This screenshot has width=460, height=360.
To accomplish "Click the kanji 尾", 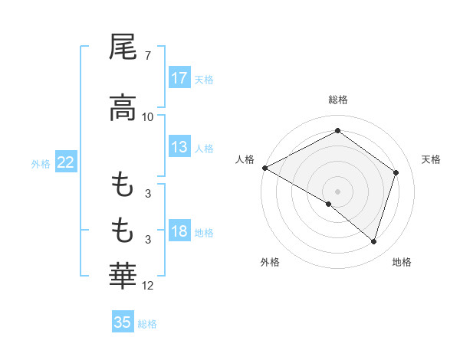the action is (x=123, y=47).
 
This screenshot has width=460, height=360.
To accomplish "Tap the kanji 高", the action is (x=123, y=107).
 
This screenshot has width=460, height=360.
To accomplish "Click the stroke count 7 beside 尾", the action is (x=147, y=57).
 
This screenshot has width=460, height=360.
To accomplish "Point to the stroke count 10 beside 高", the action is (x=148, y=116).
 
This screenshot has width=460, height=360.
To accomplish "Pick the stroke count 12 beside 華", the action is (x=148, y=286).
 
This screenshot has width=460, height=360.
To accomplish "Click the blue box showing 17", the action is (x=179, y=78).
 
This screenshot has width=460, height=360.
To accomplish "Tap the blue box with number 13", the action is (x=179, y=147).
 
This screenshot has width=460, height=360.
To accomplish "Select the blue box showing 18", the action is (x=179, y=232).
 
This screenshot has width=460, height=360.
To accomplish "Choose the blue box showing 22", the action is (x=66, y=162).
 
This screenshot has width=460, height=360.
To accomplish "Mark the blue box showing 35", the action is (x=123, y=322).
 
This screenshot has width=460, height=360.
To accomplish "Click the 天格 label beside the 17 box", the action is (x=204, y=80).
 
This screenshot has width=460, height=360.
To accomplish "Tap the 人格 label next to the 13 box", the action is (x=204, y=149).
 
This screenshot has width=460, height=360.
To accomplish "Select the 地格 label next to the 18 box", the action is (x=204, y=233).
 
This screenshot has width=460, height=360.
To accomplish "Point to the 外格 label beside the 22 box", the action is (x=41, y=163).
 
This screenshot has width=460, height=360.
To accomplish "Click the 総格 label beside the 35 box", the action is (x=147, y=324).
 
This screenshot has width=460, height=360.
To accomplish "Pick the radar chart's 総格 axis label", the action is (x=337, y=100).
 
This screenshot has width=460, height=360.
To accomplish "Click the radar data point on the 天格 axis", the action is (x=396, y=172).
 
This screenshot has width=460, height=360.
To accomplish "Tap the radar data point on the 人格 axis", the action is (x=264, y=168).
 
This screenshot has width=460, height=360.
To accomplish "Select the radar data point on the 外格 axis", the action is (x=329, y=205).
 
